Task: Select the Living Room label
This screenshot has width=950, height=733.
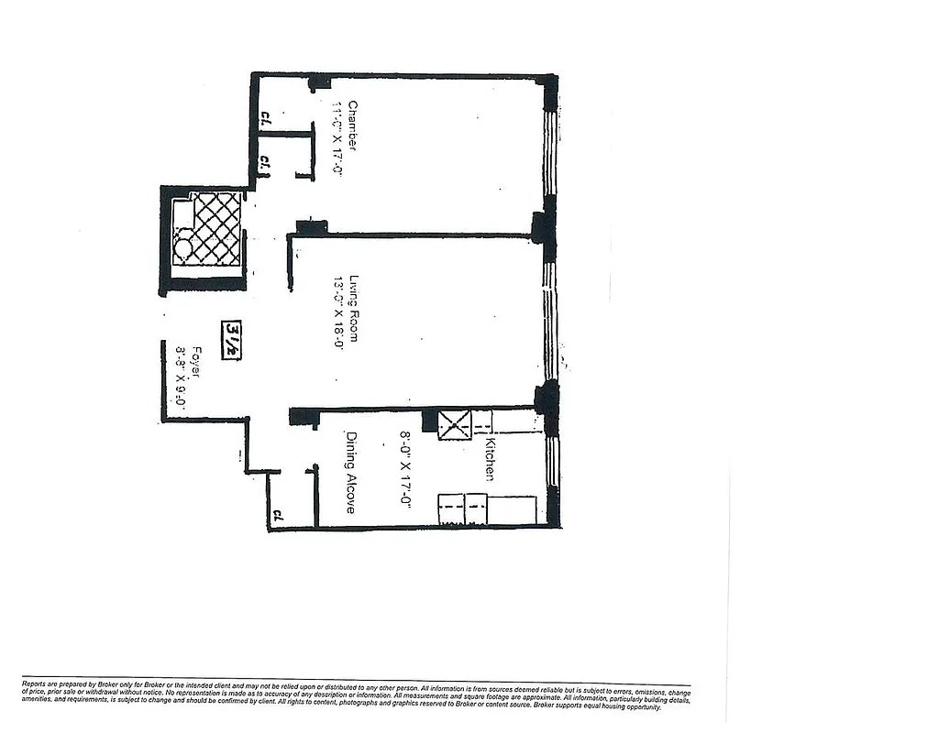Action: (352, 309)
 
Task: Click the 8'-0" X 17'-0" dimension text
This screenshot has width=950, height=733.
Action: (403, 470)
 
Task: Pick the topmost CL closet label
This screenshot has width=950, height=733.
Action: (264, 117)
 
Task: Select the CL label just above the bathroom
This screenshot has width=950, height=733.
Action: (263, 162)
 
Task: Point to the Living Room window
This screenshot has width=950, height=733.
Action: (549, 321)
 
